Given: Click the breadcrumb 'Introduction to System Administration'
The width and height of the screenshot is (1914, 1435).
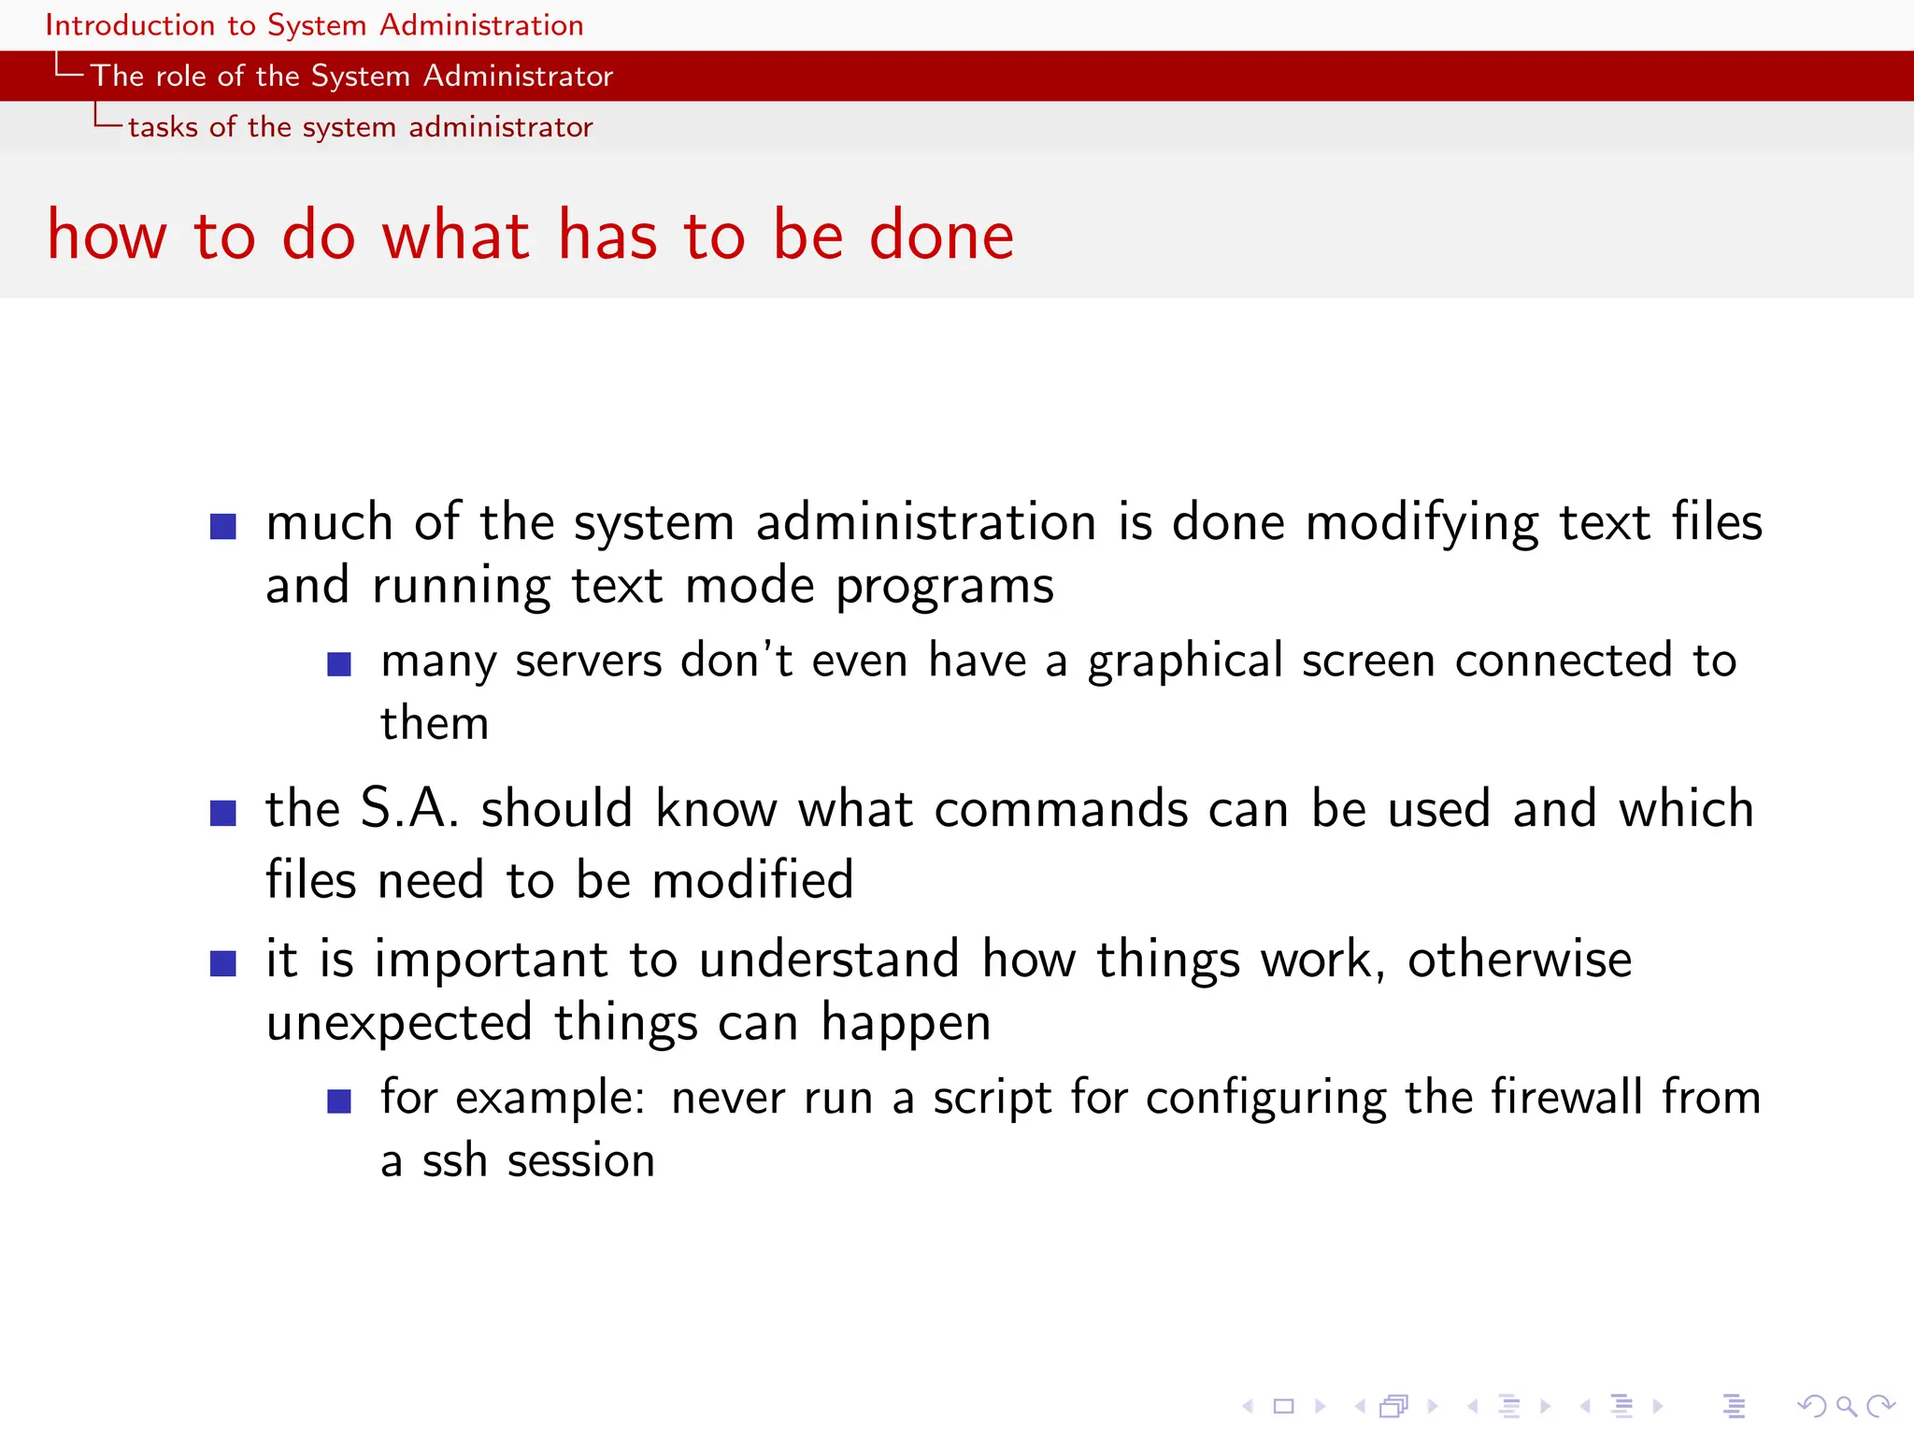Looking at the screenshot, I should (x=314, y=25).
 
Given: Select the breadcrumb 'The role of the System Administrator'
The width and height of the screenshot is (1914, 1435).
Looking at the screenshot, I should (x=351, y=76).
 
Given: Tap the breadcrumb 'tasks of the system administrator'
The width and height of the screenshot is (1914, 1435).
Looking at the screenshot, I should (x=360, y=127).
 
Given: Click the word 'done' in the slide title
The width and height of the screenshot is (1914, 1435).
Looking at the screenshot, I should (x=941, y=234).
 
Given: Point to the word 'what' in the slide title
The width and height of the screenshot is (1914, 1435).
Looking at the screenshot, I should (x=456, y=234).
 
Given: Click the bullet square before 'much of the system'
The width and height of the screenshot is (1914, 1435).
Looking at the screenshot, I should (x=223, y=527).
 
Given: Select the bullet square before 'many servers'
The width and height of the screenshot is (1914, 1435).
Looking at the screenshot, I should (x=339, y=664).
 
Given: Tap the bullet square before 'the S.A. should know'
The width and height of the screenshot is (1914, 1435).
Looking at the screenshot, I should (x=223, y=814).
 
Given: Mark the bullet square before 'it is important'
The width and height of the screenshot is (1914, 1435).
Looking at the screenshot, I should (x=223, y=963).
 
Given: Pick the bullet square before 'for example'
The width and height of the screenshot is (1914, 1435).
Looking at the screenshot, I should (x=339, y=1101).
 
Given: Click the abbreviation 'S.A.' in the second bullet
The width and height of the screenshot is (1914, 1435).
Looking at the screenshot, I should (x=409, y=808).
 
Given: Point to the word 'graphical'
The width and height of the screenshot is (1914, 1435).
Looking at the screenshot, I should (x=1185, y=661).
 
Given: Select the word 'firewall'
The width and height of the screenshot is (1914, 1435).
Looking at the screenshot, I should (x=1566, y=1097).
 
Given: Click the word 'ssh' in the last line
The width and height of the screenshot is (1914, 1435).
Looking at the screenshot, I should (x=454, y=1160).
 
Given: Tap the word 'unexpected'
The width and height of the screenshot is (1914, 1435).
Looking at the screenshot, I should (x=399, y=1023).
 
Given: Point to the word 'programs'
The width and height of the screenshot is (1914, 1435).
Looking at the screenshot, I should (x=944, y=587).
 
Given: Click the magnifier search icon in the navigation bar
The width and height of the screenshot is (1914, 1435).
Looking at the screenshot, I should (x=1846, y=1406).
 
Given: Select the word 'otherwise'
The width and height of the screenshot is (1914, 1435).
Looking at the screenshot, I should (x=1520, y=959).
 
